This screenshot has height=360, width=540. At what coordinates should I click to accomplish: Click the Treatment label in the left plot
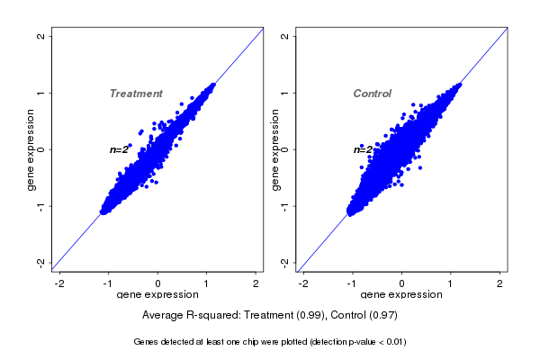[x=136, y=94]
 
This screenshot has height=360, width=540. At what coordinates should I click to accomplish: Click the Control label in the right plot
[x=372, y=94]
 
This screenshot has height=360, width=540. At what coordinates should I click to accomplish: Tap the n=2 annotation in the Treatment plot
[x=120, y=149]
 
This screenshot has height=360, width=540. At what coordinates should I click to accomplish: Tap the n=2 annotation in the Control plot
[x=363, y=149]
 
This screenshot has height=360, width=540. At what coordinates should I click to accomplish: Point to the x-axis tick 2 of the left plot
[x=256, y=283]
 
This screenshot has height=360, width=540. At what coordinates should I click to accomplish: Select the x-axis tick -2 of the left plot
[x=59, y=283]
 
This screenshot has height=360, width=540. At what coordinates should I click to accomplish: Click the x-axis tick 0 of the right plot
[x=402, y=283]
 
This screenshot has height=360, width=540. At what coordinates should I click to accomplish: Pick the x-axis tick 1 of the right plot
[x=451, y=283]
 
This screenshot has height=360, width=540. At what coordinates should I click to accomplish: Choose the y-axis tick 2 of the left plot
[x=40, y=36]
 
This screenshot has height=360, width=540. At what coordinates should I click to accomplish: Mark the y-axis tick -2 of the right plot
[x=284, y=262]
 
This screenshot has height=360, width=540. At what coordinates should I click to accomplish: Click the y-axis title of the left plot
[x=31, y=149]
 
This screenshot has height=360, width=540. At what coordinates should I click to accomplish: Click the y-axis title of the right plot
[x=275, y=149]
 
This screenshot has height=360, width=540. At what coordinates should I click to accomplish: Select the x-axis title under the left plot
[x=157, y=295]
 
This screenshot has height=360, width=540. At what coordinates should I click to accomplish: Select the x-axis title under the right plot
[x=401, y=295]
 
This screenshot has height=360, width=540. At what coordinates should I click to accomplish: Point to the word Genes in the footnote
[x=147, y=342]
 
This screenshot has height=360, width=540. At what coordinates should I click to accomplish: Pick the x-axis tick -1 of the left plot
[x=108, y=283]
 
